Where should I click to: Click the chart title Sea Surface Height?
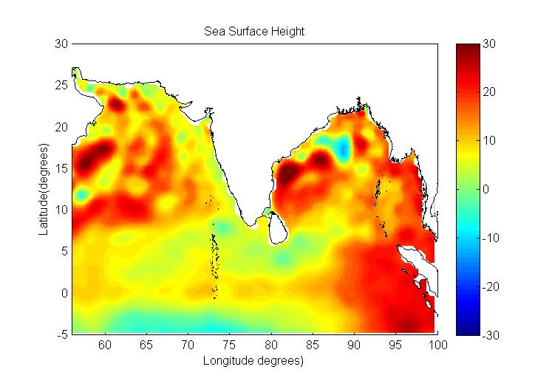tap(255, 32)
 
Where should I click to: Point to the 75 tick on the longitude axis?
tap(230, 344)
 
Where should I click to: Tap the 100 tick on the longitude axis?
tap(438, 344)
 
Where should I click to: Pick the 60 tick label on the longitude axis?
tap(105, 344)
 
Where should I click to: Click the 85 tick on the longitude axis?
tap(313, 344)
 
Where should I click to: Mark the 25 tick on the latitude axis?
tap(62, 86)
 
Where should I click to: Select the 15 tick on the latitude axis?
tap(62, 168)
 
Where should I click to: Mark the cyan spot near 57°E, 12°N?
tap(81, 194)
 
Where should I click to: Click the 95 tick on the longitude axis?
tap(397, 344)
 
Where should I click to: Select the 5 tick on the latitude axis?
tap(62, 252)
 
